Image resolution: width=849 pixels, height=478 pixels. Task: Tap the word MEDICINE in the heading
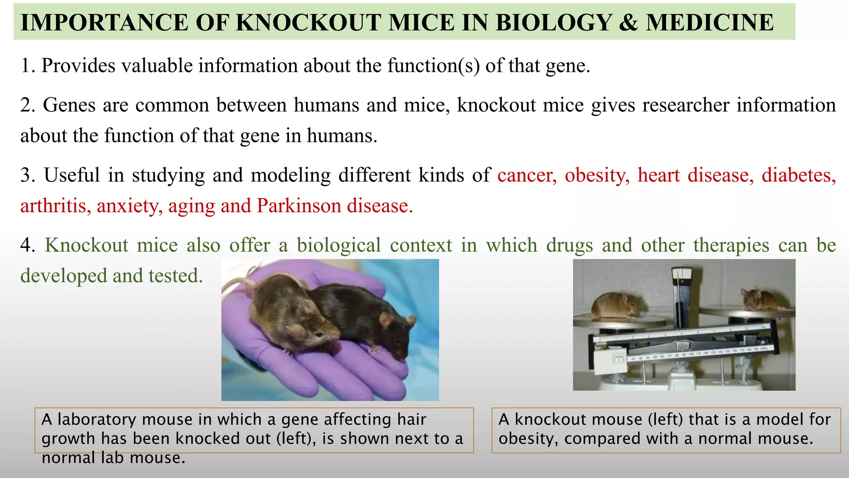click(709, 23)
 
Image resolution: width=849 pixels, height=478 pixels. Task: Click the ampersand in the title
click(628, 23)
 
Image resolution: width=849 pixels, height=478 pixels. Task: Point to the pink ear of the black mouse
click(386, 320)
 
